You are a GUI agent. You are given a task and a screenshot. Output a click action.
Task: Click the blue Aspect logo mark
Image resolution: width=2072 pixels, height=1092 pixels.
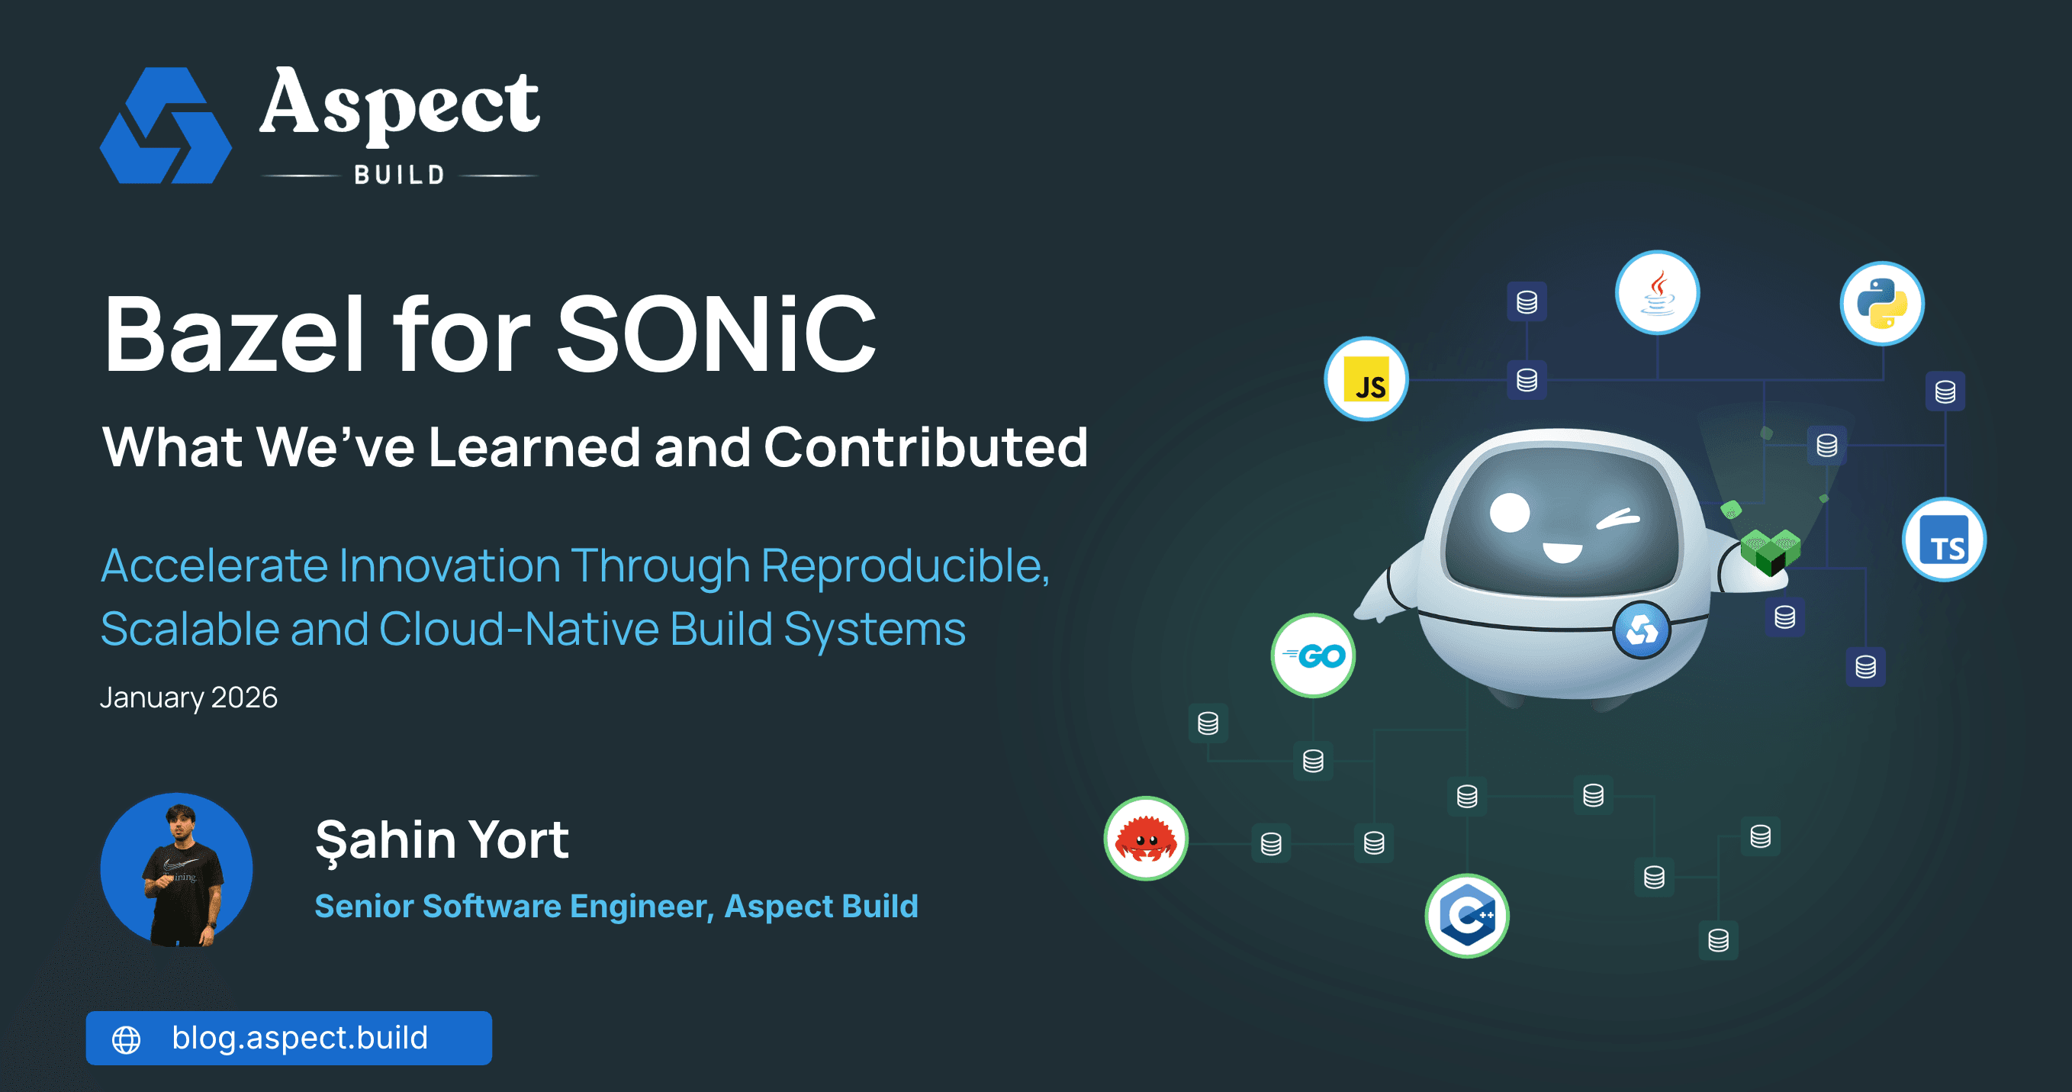[166, 126]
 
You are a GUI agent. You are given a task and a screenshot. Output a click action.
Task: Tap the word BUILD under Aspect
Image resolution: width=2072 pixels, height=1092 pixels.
[399, 175]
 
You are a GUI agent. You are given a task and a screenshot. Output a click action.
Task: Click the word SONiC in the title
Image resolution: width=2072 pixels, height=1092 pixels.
[716, 334]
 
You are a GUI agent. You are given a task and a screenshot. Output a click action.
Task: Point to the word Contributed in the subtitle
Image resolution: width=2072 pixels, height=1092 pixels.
[925, 447]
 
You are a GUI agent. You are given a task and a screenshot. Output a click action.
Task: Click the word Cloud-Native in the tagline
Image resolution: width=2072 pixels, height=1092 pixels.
[518, 629]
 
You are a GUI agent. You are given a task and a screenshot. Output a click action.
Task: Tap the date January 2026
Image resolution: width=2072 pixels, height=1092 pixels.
[188, 697]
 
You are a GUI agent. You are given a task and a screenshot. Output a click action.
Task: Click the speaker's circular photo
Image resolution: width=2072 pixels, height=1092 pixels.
[176, 869]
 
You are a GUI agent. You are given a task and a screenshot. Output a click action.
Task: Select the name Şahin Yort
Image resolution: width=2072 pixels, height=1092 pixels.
[442, 839]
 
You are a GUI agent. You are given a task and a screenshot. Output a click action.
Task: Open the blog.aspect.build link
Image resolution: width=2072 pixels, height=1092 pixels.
[299, 1038]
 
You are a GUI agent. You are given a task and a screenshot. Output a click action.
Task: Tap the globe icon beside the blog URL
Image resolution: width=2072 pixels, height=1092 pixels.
[127, 1039]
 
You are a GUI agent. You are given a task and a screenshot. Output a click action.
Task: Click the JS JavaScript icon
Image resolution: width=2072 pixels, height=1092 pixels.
[1366, 379]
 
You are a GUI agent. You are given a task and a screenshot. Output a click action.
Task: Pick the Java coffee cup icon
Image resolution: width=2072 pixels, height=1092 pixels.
[1657, 292]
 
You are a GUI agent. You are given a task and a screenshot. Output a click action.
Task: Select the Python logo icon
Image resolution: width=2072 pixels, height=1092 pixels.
[1881, 304]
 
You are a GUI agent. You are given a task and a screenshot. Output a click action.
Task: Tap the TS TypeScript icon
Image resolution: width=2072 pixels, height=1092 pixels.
[1943, 540]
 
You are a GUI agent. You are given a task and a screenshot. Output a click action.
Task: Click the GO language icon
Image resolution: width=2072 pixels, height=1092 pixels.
[1313, 656]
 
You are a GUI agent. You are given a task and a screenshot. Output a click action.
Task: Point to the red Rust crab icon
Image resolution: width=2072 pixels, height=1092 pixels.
[1145, 839]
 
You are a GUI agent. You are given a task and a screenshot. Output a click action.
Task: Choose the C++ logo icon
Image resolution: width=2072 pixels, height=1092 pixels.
[1466, 916]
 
